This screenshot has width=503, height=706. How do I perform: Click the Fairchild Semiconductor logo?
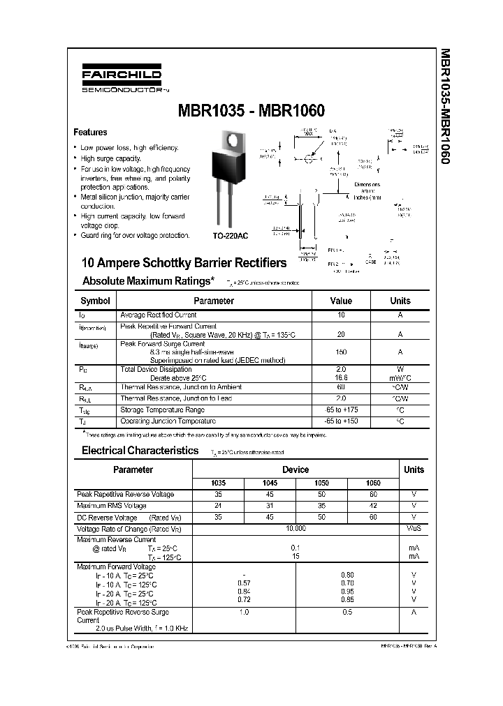coord(121,80)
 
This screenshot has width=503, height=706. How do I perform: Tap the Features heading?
coord(90,133)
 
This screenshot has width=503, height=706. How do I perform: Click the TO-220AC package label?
coord(230,236)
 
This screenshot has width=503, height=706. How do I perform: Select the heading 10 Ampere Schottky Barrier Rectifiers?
coord(184,263)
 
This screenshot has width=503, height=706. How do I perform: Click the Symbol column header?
coord(95,301)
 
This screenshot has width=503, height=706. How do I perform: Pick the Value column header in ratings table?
coord(341,301)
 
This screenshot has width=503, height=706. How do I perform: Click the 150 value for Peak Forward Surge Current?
coord(341,352)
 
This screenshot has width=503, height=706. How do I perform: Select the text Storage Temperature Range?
coord(162,410)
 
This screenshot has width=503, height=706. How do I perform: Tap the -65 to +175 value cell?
coord(341,410)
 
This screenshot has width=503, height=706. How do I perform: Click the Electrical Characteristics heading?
coord(140,451)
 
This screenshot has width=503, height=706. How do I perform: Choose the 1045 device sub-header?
coord(270,483)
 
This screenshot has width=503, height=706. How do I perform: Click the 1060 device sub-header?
coord(374,483)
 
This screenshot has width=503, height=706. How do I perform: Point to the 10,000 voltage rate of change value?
coord(296,529)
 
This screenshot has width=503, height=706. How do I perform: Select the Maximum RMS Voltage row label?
coord(112,506)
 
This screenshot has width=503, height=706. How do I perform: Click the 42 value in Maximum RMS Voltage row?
coord(374,506)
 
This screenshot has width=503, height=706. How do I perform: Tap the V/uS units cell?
coord(414,529)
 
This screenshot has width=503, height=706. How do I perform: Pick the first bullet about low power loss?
coord(129,148)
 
